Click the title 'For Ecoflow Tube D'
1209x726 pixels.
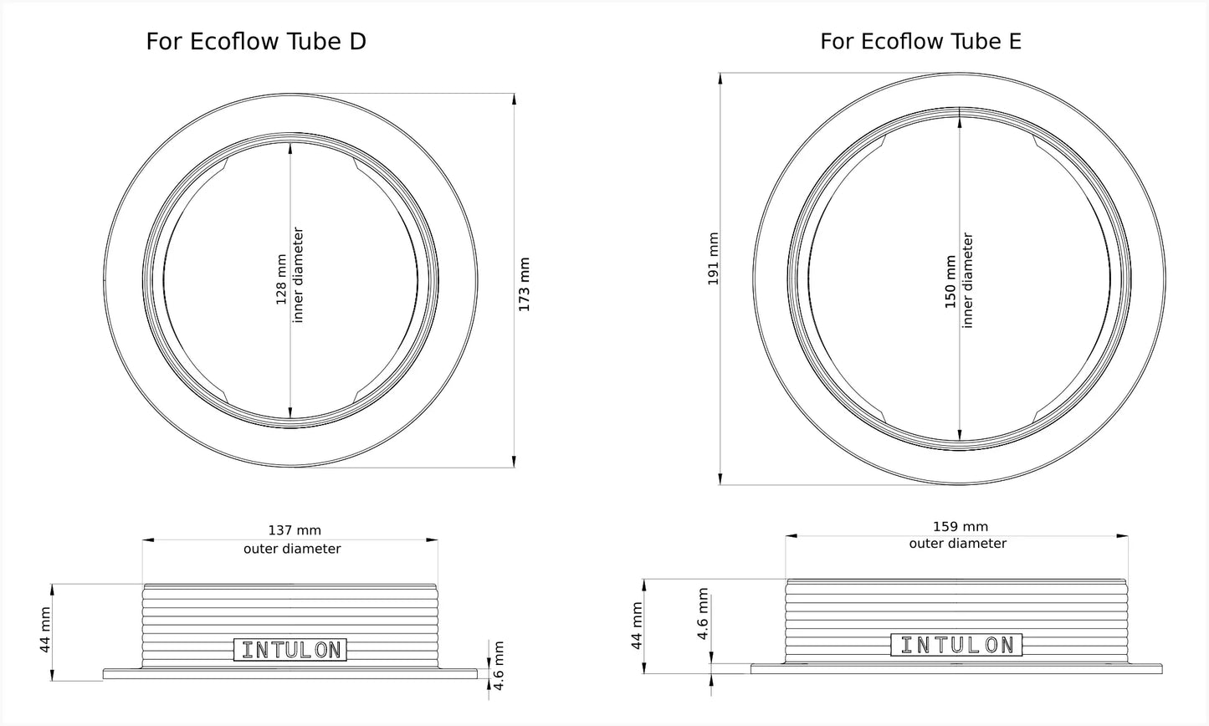256,42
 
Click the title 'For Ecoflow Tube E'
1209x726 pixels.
920,42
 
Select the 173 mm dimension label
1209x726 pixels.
524,284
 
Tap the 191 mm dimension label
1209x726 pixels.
713,258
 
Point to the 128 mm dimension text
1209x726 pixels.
281,279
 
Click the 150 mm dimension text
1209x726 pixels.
950,282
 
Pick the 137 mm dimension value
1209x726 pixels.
295,530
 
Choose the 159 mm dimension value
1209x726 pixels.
961,526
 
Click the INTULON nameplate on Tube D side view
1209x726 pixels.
290,649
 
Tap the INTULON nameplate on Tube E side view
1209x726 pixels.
956,645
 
